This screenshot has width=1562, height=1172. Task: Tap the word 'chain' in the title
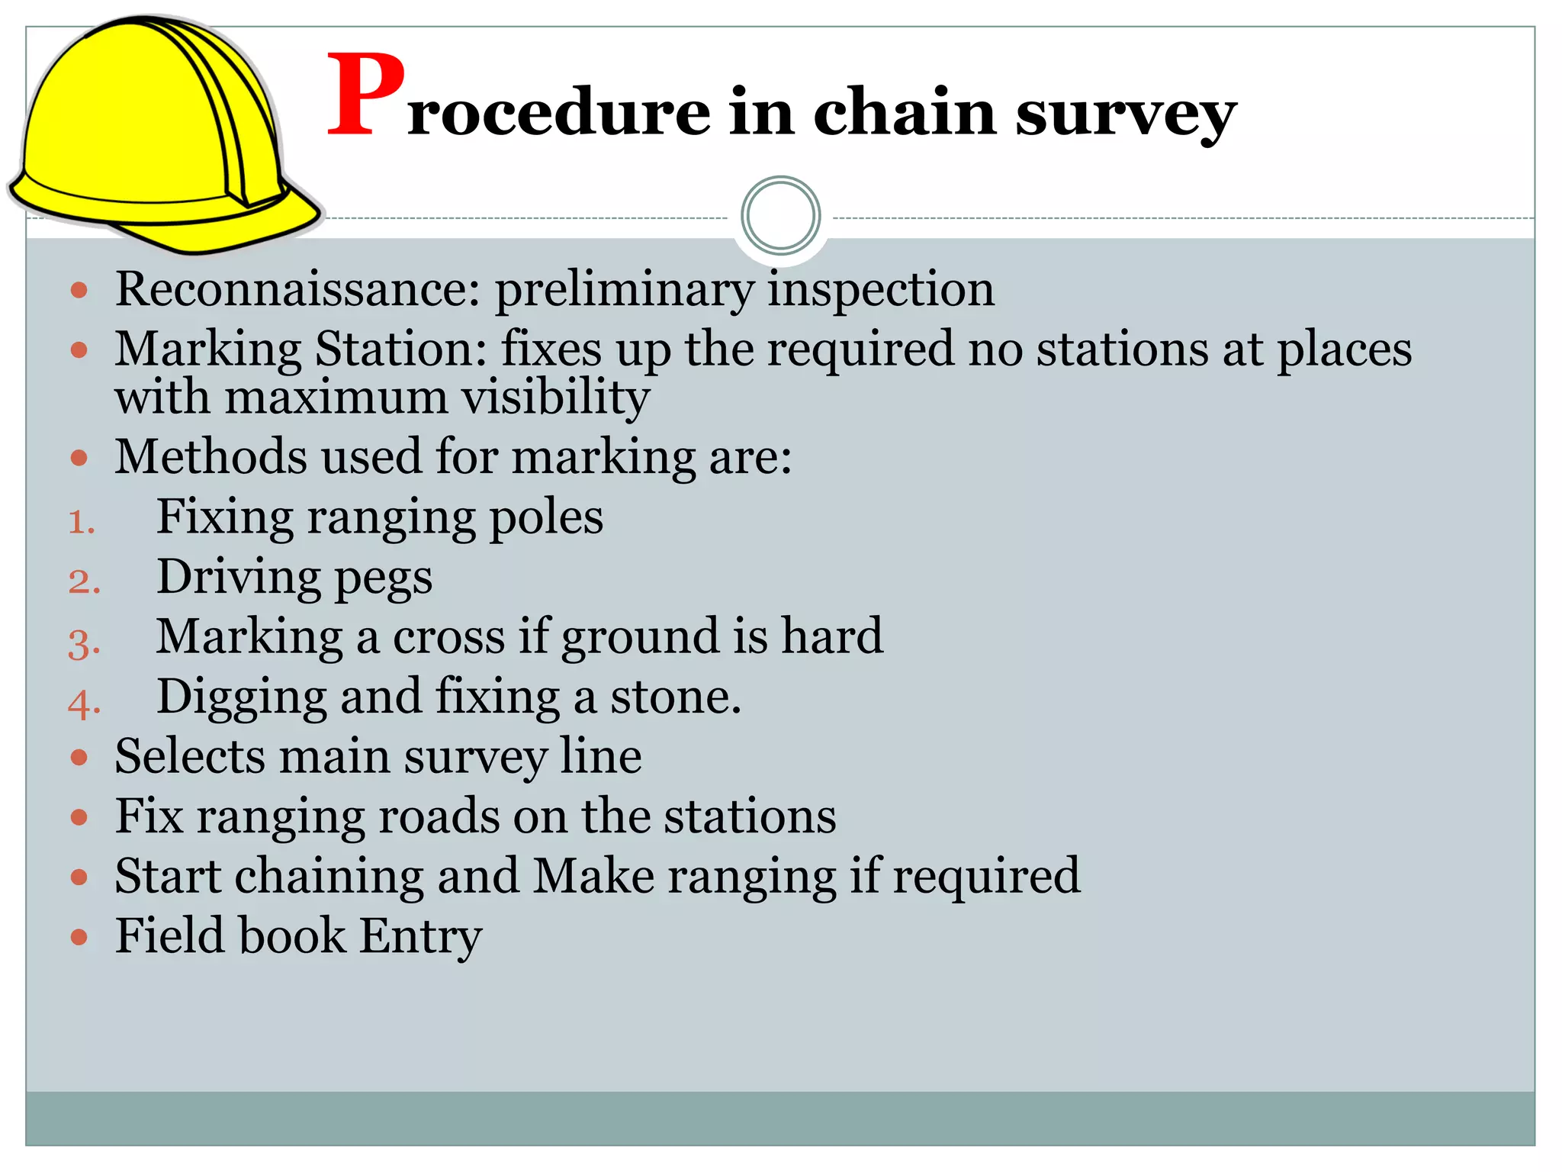905,112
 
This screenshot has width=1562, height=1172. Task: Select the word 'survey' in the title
1125,114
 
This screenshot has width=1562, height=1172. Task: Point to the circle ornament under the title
780,216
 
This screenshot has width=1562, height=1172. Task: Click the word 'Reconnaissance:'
298,289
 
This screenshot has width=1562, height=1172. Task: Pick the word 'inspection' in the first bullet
881,291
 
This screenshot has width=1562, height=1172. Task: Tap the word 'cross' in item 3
448,636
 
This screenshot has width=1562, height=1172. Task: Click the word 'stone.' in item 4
675,697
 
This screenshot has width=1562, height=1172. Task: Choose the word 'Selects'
191,757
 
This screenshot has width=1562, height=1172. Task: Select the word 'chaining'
329,876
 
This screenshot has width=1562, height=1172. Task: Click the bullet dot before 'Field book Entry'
79,936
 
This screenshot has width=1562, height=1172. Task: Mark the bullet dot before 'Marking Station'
79,350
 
